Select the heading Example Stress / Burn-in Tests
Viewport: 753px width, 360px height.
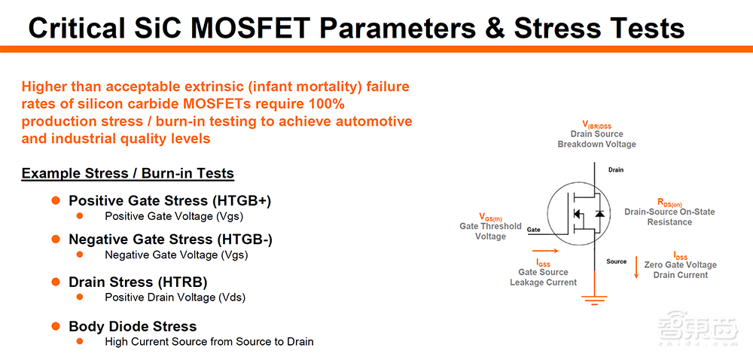(128, 173)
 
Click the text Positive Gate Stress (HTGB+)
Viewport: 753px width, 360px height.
(170, 200)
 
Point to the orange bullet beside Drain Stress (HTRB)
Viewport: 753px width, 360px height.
(56, 281)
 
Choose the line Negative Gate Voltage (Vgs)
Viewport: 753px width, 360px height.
(176, 255)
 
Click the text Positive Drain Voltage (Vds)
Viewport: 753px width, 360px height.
(175, 297)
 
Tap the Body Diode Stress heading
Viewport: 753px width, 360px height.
(133, 326)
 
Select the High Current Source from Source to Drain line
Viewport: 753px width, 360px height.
(209, 342)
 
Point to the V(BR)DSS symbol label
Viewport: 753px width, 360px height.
(596, 127)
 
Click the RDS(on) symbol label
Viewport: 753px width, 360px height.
(669, 203)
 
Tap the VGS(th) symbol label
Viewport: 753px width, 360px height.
(490, 217)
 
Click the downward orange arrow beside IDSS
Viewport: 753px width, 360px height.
(637, 267)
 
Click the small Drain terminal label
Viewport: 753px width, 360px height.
(616, 170)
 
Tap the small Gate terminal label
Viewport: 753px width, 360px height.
(534, 230)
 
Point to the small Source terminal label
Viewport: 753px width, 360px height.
(617, 261)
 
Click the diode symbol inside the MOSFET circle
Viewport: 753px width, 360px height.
(599, 214)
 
